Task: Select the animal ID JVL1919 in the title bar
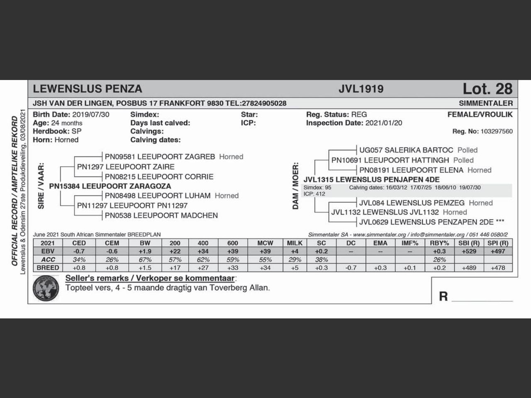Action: click(x=361, y=89)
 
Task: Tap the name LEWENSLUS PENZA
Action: click(x=88, y=89)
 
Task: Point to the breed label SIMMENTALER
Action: click(x=486, y=103)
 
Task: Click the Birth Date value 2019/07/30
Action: click(x=91, y=114)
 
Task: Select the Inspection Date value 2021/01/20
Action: click(x=384, y=123)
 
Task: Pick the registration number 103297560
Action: click(x=497, y=131)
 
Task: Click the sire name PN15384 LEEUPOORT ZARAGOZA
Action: click(x=110, y=186)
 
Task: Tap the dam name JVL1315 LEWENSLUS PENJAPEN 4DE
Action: click(x=371, y=180)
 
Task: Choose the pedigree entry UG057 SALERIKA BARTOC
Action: click(x=406, y=150)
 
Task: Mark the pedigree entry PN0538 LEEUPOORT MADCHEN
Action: click(x=161, y=216)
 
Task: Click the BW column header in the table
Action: click(x=145, y=243)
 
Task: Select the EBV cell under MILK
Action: click(x=295, y=251)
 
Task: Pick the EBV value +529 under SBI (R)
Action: click(x=469, y=251)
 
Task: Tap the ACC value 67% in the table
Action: click(x=145, y=260)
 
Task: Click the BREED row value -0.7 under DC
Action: click(x=351, y=268)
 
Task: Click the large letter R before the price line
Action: click(x=443, y=296)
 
